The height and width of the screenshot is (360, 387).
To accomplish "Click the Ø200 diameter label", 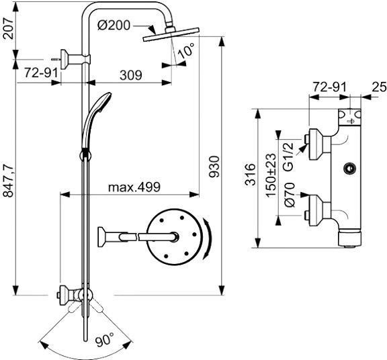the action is [114, 25].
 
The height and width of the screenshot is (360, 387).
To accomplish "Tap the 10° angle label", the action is [186, 50].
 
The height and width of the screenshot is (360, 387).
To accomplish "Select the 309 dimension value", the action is [131, 75].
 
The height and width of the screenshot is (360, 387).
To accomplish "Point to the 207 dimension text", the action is [9, 28].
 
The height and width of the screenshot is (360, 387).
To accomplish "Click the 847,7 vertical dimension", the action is [9, 181].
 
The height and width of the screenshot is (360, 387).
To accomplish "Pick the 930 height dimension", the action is [214, 167].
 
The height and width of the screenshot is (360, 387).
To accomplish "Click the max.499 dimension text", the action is [134, 187].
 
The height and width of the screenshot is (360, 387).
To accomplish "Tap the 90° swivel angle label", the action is [105, 341].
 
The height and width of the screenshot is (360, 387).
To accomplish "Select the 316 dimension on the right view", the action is [250, 174].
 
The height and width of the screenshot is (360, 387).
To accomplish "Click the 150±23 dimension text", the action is [271, 175].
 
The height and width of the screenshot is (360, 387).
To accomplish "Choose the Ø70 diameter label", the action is [290, 195].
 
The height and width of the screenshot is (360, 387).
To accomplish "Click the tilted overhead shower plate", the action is [171, 34].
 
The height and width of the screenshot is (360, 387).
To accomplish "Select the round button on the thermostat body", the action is [349, 169].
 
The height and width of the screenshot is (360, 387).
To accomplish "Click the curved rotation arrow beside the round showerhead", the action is [208, 238].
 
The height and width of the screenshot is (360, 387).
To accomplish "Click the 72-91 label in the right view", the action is [330, 87].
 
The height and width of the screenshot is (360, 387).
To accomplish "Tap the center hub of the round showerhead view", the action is [175, 236].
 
